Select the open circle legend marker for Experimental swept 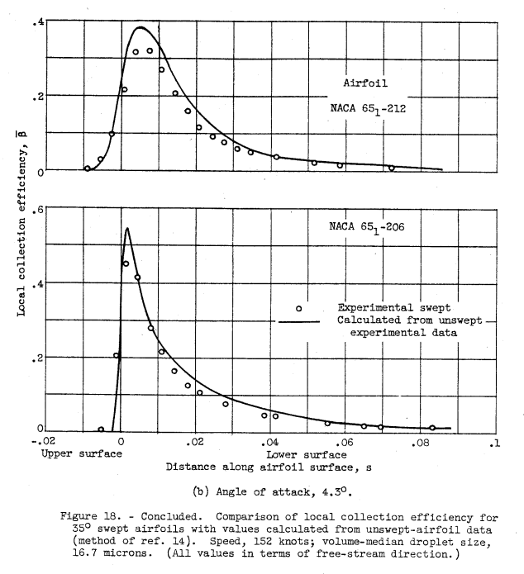point(299,307)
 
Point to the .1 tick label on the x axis point(493,442)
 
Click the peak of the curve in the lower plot point(126,229)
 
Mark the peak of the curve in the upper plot point(141,27)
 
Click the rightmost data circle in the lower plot point(432,428)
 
